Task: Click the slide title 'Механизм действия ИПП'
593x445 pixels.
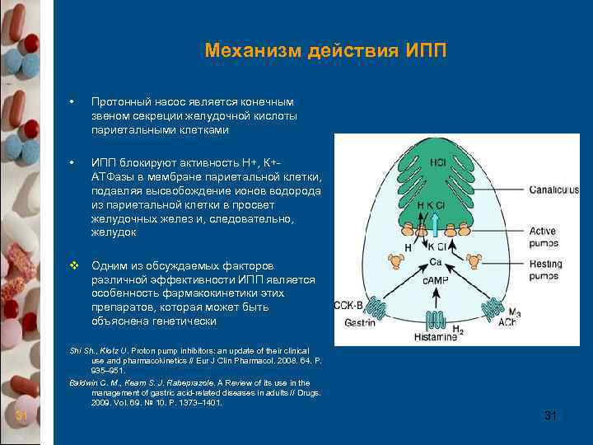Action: tap(325, 51)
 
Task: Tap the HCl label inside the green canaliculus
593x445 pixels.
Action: tap(438, 162)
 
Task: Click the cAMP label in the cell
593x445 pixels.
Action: tap(436, 283)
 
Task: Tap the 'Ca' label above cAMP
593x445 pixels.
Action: tap(437, 262)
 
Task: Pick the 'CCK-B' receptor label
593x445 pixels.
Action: tap(347, 305)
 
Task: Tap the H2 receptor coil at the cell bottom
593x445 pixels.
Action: tap(438, 318)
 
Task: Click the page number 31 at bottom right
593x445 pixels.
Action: tap(551, 416)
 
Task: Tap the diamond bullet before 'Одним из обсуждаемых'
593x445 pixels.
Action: tap(73, 266)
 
